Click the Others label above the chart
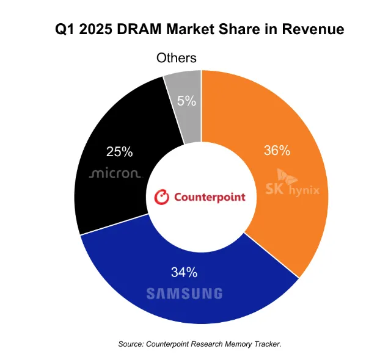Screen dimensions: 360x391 [176, 58]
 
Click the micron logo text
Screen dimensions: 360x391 [115, 174]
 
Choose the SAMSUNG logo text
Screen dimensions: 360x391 [184, 293]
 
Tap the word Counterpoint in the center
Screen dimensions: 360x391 [210, 197]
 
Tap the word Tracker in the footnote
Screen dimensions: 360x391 [265, 345]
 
